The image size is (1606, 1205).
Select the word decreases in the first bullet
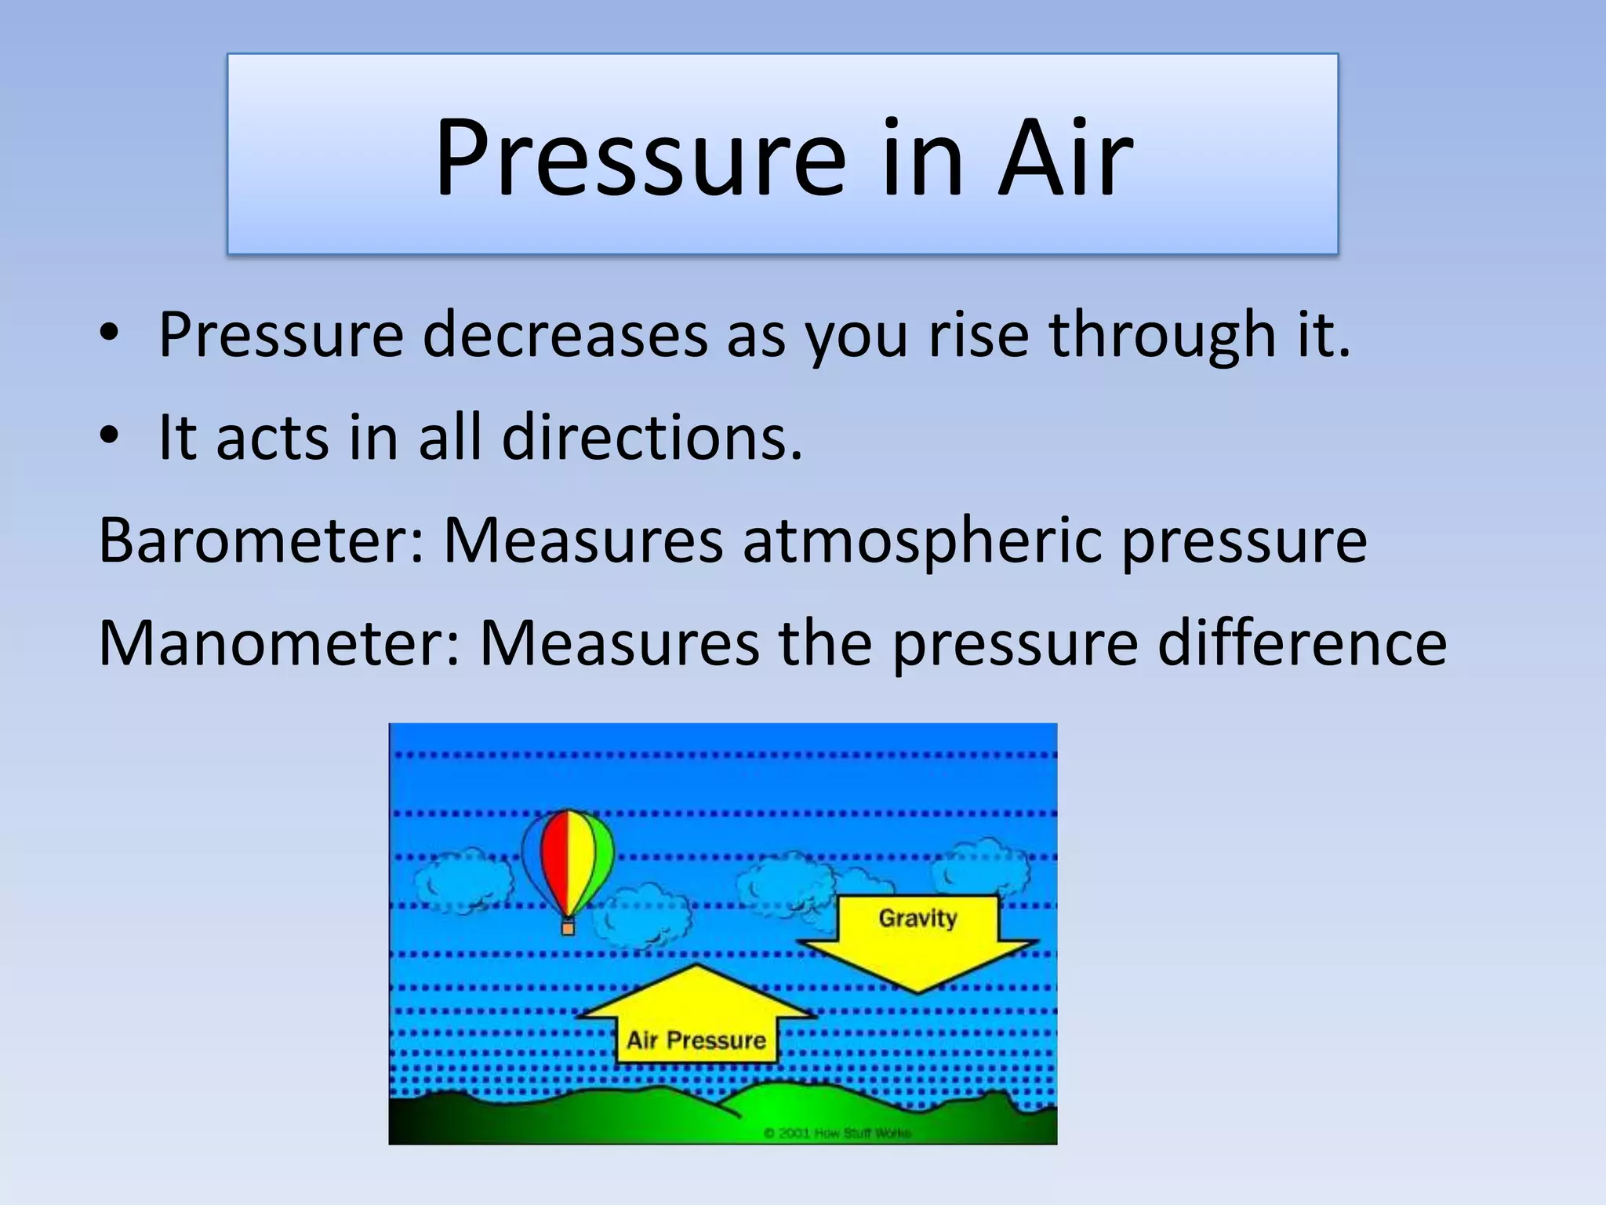(x=565, y=336)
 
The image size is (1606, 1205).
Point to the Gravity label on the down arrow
(x=917, y=918)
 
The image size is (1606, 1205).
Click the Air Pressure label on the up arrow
(x=696, y=1040)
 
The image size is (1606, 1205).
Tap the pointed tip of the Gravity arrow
(x=918, y=990)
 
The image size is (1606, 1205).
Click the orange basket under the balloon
(x=568, y=928)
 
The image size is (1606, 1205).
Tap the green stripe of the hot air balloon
(x=603, y=855)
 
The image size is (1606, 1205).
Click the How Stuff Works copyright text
(x=837, y=1133)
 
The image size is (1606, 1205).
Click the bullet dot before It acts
(x=109, y=436)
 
